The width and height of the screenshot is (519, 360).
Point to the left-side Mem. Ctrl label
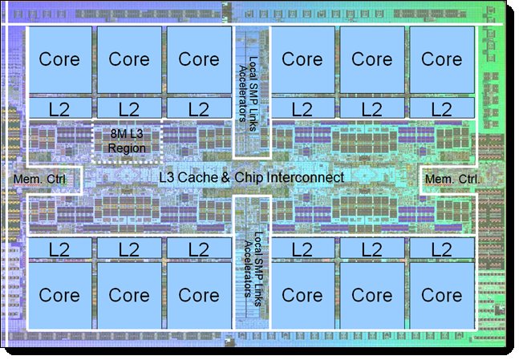[46, 178]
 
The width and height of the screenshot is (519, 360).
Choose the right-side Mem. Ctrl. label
[453, 178]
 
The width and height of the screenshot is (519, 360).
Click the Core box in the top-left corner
[60, 59]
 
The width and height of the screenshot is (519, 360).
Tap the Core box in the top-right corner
[441, 59]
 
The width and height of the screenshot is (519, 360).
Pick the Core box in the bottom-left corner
[60, 294]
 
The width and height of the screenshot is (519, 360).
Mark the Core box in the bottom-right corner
[441, 294]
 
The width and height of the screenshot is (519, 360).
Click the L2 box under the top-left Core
[60, 107]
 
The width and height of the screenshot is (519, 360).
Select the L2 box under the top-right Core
[441, 107]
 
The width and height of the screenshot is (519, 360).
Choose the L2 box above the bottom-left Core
[60, 249]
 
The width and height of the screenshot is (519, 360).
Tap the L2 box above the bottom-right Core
[441, 249]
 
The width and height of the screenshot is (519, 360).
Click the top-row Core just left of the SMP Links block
[199, 59]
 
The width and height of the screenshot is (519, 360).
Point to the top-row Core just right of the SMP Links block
[302, 59]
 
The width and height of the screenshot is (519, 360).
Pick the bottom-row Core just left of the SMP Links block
[199, 294]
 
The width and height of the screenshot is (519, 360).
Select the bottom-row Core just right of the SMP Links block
[302, 294]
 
